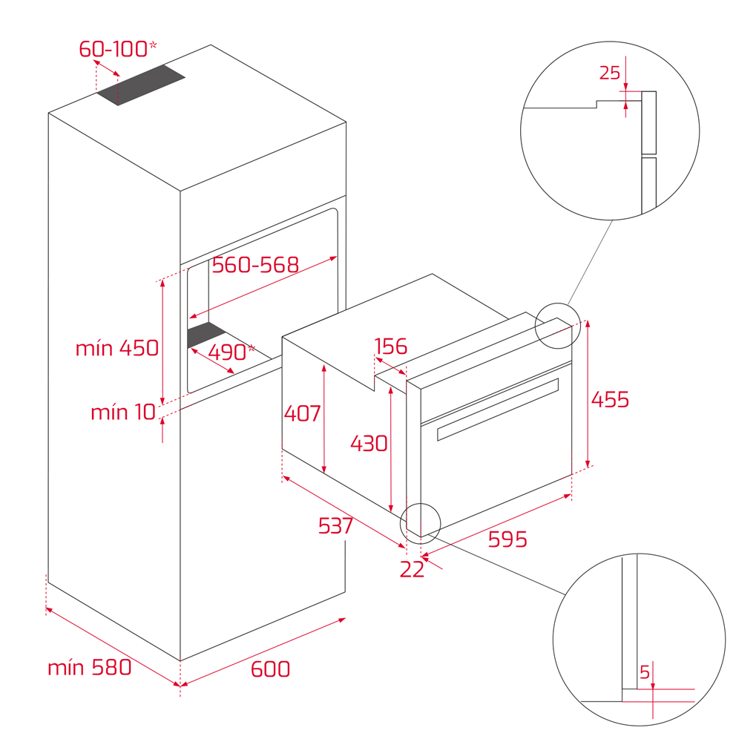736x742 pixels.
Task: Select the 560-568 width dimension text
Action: pos(255,265)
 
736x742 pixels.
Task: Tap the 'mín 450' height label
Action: pos(117,348)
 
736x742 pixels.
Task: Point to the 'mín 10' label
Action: pos(123,412)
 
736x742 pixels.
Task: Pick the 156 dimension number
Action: pos(390,347)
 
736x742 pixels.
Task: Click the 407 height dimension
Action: pos(303,413)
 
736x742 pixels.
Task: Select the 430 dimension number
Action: pos(369,444)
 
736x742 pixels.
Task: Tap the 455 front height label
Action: pos(610,399)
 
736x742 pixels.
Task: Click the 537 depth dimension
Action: pos(335,526)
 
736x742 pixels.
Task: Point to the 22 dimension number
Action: pos(412,570)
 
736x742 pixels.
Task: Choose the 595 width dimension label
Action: pos(507,539)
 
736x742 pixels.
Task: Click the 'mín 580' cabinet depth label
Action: pos(90,667)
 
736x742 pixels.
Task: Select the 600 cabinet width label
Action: pos(270,669)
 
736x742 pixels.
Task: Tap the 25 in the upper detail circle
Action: pos(610,73)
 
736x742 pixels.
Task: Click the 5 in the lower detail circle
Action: pos(645,672)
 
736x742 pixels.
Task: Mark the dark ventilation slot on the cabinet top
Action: pos(141,85)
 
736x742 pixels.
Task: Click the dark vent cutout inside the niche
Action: pos(207,335)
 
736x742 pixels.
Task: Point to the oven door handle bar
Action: pos(498,409)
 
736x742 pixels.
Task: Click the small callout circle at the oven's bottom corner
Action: pos(420,523)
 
